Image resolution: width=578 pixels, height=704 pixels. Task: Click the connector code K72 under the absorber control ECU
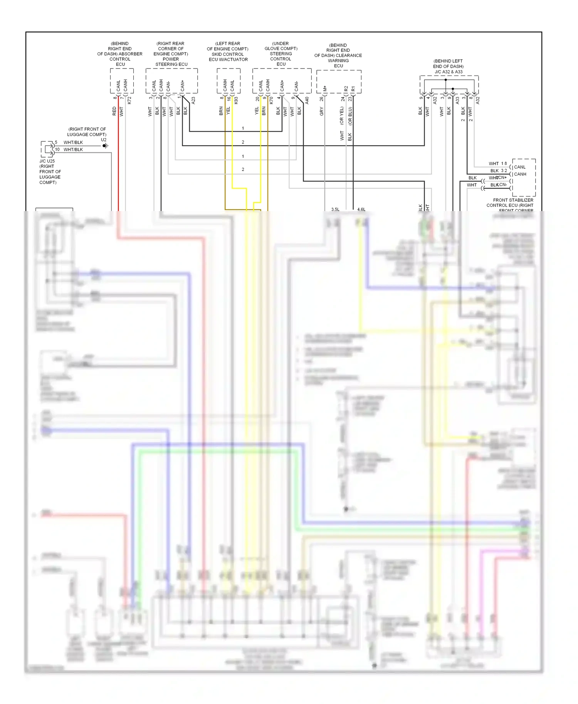(129, 100)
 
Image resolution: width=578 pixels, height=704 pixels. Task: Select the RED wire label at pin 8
(114, 111)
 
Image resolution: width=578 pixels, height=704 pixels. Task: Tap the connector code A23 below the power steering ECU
(193, 100)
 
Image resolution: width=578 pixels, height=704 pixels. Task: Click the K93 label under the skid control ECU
(236, 100)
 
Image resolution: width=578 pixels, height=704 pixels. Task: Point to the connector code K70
(271, 100)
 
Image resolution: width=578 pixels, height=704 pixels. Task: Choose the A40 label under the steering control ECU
(307, 100)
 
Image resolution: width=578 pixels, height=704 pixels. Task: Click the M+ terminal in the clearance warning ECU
(325, 89)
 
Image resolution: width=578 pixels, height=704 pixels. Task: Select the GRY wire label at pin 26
(321, 112)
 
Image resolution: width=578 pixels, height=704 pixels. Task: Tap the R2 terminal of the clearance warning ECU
(346, 89)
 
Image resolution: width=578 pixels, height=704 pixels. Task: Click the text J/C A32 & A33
(448, 72)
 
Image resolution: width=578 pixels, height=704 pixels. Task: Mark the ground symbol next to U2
(105, 146)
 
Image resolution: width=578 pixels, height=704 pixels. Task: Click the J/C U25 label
(47, 161)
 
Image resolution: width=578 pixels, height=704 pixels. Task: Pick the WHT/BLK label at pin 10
(73, 149)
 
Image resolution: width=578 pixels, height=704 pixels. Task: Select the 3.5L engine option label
(335, 210)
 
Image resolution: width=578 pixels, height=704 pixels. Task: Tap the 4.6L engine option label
(361, 210)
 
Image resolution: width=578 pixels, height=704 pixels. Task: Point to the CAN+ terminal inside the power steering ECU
(182, 85)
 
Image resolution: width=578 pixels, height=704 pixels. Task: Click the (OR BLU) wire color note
(350, 116)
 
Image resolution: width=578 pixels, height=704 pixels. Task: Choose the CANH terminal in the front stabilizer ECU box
(520, 174)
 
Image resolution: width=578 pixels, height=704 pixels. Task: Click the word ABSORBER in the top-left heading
(131, 54)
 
